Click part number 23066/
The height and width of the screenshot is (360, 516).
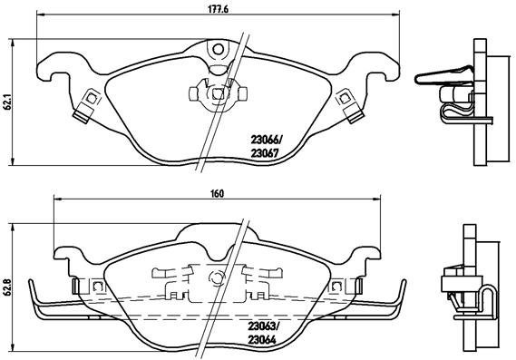coord(266,139)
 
